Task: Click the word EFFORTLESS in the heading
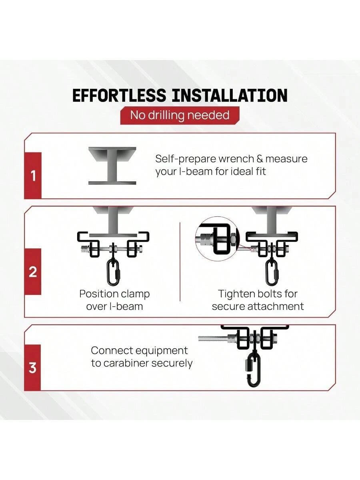119,95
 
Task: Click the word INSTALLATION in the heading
229,95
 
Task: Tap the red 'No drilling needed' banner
180,116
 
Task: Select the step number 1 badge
33,176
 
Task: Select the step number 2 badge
33,272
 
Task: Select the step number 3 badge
32,368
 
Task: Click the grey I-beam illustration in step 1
112,166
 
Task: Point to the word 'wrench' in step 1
236,159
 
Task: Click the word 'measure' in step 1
286,159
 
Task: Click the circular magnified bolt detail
218,238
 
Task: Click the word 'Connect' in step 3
111,350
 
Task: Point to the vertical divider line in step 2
180,262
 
